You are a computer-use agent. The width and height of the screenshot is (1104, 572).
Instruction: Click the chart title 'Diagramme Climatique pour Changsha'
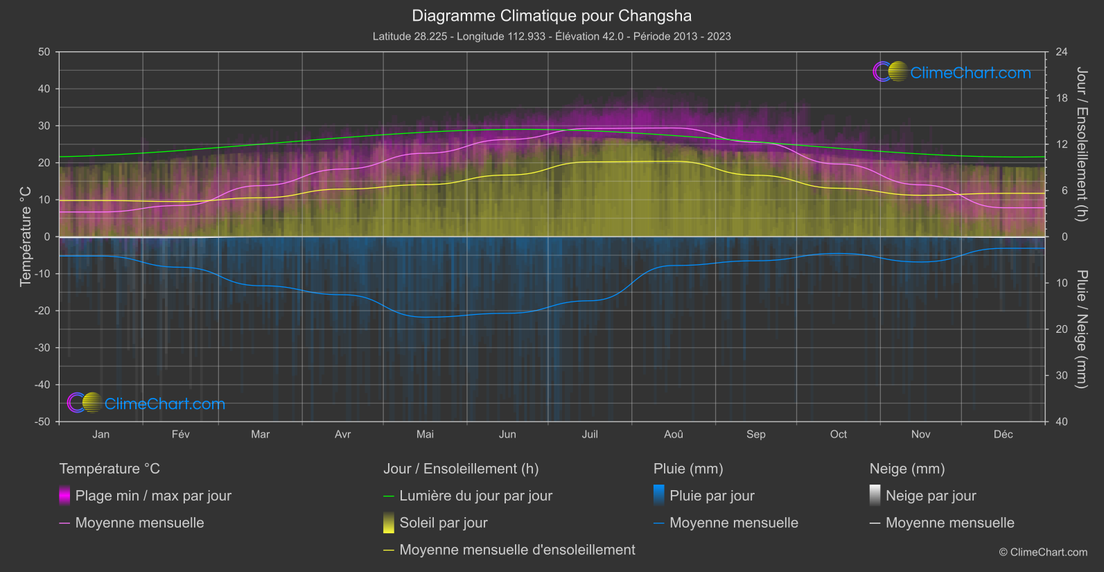pyautogui.click(x=552, y=16)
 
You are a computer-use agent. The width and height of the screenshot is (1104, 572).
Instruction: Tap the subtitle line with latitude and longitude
pyautogui.click(x=552, y=36)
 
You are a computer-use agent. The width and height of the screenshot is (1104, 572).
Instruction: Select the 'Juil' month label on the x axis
pyautogui.click(x=590, y=434)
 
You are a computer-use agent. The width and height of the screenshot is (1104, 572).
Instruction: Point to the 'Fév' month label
pyautogui.click(x=180, y=434)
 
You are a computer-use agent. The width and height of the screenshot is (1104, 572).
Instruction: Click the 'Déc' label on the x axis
pyautogui.click(x=1003, y=434)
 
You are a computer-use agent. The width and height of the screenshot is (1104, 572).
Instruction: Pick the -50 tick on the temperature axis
pyautogui.click(x=43, y=422)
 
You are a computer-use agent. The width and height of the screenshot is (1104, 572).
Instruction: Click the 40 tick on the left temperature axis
pyautogui.click(x=44, y=89)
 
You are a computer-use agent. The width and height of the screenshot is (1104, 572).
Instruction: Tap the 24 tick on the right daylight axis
pyautogui.click(x=1061, y=52)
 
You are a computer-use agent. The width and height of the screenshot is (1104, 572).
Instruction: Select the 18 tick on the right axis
pyautogui.click(x=1061, y=98)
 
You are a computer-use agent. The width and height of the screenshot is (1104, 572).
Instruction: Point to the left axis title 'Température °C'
pyautogui.click(x=26, y=236)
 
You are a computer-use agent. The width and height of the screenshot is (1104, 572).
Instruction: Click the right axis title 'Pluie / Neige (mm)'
pyautogui.click(x=1081, y=329)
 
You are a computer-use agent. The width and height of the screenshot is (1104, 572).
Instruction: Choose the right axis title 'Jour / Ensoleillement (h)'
pyautogui.click(x=1081, y=144)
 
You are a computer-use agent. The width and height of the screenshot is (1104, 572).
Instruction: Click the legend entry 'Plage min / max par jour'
pyautogui.click(x=153, y=496)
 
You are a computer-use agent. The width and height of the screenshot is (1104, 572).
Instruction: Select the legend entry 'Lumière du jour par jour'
pyautogui.click(x=475, y=496)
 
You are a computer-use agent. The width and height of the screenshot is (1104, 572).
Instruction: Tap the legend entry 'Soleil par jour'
pyautogui.click(x=443, y=523)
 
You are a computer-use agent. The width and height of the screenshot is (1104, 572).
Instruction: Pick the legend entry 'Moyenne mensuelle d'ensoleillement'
pyautogui.click(x=517, y=550)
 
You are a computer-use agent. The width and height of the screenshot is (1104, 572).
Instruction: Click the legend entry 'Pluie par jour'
pyautogui.click(x=712, y=496)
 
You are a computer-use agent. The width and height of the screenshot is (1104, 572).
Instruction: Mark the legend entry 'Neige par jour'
pyautogui.click(x=931, y=496)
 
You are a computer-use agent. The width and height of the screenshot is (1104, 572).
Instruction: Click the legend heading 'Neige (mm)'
pyautogui.click(x=907, y=469)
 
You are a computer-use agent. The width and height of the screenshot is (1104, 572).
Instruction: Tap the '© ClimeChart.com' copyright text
pyautogui.click(x=1043, y=553)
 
